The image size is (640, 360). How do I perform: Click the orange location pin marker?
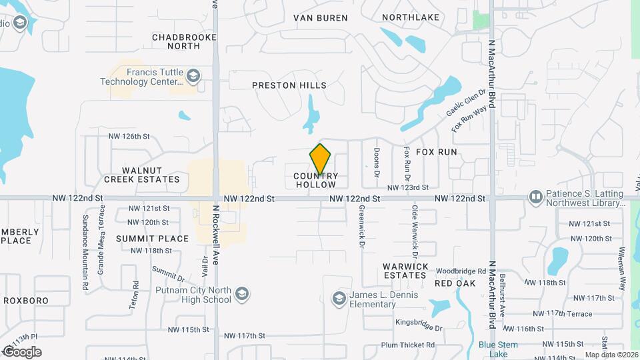(321, 159)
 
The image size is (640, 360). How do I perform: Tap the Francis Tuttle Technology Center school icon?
(193, 75)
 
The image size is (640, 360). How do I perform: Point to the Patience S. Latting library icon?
(535, 197)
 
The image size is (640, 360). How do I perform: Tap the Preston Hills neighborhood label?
(289, 85)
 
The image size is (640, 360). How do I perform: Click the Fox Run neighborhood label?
(437, 152)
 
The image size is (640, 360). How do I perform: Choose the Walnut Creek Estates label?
(142, 175)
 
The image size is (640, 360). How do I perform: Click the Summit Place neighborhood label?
(152, 238)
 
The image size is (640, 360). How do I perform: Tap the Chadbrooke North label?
(185, 41)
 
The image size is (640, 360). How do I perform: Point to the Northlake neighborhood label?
(410, 17)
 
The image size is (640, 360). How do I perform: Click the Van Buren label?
(317, 17)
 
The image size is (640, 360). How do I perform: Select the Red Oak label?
(455, 283)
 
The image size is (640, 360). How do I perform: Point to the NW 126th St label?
(129, 136)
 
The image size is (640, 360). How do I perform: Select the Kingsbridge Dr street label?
(419, 328)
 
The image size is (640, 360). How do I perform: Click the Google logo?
(22, 351)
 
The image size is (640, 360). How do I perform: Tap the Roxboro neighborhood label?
(26, 301)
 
